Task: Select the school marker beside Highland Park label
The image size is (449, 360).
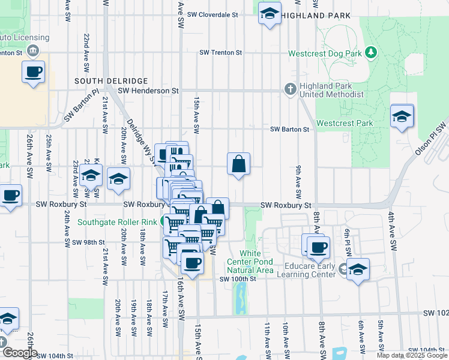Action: [270, 13]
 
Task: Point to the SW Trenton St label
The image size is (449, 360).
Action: [221, 53]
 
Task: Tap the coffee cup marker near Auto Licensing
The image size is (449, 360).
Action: [33, 73]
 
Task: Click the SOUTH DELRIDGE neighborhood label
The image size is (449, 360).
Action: [103, 80]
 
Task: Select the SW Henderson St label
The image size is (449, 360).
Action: [148, 91]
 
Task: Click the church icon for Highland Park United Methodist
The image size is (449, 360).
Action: [291, 89]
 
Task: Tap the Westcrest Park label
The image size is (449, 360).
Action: [345, 123]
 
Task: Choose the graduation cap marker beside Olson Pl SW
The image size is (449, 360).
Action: [402, 116]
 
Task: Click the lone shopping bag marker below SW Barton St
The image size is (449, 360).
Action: [238, 163]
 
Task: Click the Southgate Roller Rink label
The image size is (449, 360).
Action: [117, 222]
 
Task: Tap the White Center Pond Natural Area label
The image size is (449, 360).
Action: [250, 262]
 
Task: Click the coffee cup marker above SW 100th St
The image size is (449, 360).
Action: [192, 263]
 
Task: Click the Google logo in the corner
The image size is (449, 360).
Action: [20, 353]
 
